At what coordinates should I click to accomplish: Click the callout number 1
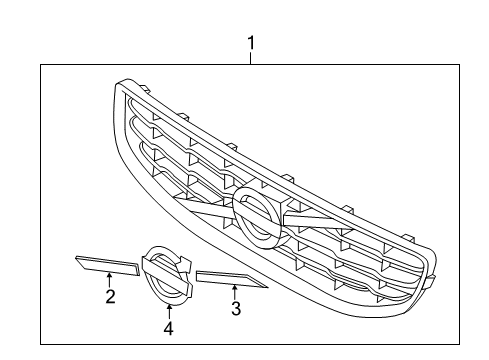[251, 43]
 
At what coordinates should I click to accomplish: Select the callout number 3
[235, 309]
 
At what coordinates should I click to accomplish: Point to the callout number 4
[169, 327]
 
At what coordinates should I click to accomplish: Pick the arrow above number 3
[235, 293]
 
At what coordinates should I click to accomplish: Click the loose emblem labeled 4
[165, 275]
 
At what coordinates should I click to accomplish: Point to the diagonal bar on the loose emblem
[164, 271]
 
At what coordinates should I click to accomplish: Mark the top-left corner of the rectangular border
[41, 65]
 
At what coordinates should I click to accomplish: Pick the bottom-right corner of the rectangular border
[459, 344]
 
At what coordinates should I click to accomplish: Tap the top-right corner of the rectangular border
[459, 65]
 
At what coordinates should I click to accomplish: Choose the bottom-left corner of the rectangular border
[41, 344]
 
